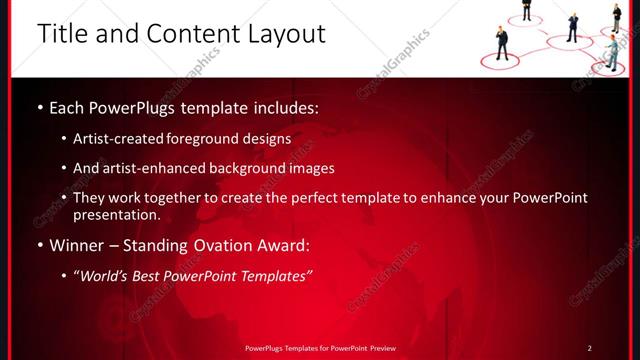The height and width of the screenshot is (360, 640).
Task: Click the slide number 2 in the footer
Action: [x=589, y=348]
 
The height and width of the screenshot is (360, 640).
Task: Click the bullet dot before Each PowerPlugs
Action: [x=39, y=106]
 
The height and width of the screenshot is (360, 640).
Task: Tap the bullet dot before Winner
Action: [x=39, y=246]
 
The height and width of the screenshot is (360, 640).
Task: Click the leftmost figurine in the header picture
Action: [x=502, y=43]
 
